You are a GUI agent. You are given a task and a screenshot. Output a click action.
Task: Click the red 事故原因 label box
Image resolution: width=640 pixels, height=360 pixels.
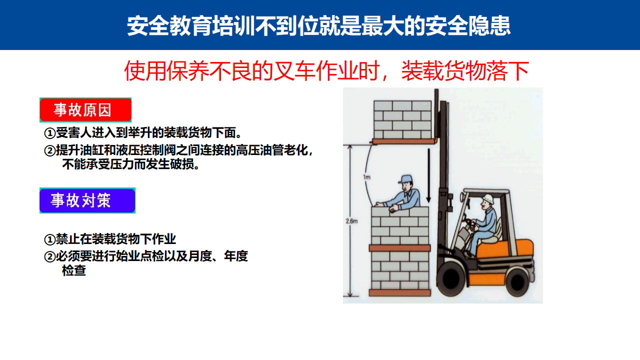click(x=85, y=110)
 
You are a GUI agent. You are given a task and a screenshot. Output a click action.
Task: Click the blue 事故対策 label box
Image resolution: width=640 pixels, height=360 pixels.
click(x=87, y=200)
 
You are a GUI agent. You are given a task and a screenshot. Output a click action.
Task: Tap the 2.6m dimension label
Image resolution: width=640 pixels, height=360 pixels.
click(x=351, y=221)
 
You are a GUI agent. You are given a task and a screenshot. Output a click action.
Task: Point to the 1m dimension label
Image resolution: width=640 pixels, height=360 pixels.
click(x=366, y=177)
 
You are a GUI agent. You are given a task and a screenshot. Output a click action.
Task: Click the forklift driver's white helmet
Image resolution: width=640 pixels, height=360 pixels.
click(x=488, y=198)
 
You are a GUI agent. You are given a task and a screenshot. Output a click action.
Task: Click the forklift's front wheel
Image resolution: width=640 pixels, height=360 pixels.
click(x=451, y=279)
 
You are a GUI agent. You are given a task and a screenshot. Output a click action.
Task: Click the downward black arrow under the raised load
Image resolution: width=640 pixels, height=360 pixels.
click(x=428, y=175)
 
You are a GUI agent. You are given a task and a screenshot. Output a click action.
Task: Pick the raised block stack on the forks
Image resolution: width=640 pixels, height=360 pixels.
click(x=402, y=119)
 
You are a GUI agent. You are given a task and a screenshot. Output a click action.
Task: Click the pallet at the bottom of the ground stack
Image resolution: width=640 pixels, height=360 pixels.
click(x=399, y=292)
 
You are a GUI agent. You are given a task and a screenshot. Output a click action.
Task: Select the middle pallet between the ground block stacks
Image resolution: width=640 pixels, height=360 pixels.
click(x=399, y=247)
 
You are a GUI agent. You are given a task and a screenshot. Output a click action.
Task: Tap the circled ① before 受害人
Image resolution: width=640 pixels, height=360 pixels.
click(x=49, y=133)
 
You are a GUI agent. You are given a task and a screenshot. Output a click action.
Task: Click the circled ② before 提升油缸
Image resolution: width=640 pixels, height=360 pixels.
click(x=49, y=150)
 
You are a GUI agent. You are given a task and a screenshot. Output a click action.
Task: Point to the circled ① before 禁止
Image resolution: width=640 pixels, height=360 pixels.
click(x=49, y=239)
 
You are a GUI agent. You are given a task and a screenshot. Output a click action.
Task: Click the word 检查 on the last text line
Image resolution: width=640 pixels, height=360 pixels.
click(x=73, y=270)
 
